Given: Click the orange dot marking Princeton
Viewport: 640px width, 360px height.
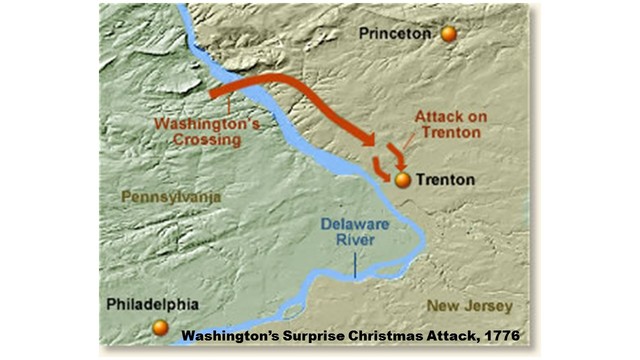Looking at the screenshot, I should point(448,34).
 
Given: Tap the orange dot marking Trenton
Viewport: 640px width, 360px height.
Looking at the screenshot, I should point(403,181).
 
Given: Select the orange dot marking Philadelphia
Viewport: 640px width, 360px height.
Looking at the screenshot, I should point(160,327).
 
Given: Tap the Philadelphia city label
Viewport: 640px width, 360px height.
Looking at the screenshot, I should point(156,304).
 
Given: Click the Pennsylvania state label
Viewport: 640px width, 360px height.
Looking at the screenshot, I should point(171,197).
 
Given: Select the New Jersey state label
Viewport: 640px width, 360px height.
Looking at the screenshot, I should point(469,305).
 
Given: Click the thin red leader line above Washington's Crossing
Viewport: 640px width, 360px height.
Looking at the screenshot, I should point(230,104).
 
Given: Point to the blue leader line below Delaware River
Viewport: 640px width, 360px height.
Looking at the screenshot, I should point(355,264).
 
